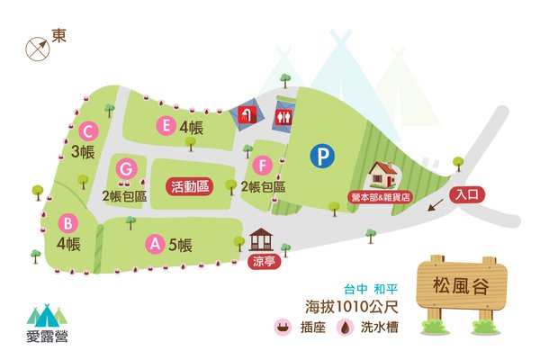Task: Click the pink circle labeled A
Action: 155,242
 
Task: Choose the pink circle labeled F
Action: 262,166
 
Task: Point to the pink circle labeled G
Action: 127,168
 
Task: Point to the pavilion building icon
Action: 262,240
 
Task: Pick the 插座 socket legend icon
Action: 283,328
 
